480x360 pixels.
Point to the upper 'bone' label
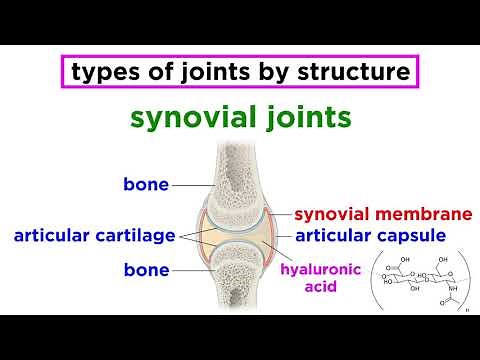tap(146, 184)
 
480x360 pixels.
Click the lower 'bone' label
tap(146, 270)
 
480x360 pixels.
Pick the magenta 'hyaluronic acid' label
tap(316, 278)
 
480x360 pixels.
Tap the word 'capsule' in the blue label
tap(419, 237)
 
